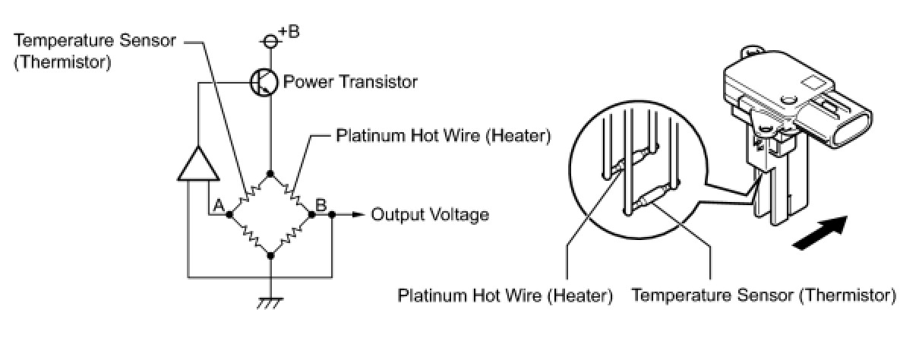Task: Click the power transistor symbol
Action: click(264, 82)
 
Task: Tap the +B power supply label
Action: click(289, 32)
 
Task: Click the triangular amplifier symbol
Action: click(198, 163)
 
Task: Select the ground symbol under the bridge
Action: click(270, 303)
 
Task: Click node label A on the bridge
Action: click(219, 205)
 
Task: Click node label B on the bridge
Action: click(321, 205)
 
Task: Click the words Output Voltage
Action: click(430, 215)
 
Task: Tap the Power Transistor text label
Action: click(350, 82)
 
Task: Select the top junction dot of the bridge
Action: click(270, 174)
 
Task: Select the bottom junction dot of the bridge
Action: click(270, 255)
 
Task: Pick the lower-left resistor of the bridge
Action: click(251, 235)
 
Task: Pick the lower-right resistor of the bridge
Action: click(291, 235)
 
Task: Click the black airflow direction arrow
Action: click(820, 232)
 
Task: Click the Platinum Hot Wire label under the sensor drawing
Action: click(505, 295)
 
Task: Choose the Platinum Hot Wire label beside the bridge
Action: click(443, 135)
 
